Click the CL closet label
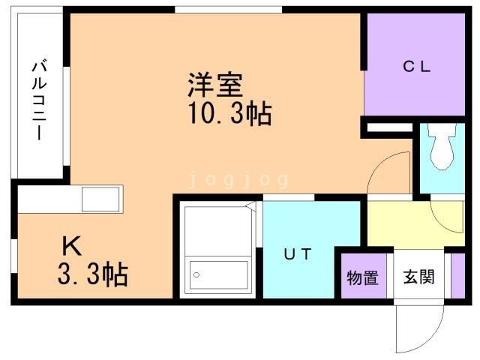point(417,66)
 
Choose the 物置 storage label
point(361,277)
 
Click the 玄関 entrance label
point(420,277)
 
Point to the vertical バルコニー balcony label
point(37,101)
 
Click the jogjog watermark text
point(239,179)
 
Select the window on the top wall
point(228,9)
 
